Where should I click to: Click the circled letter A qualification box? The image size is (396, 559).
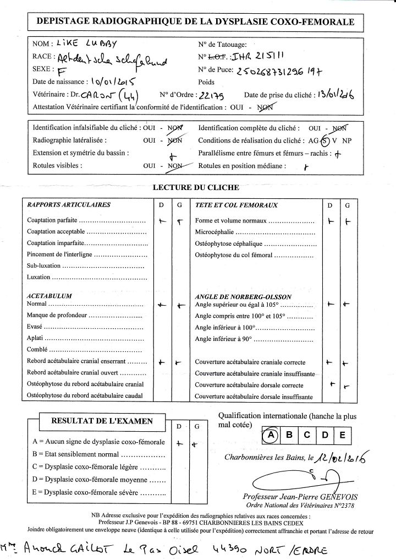[270, 435]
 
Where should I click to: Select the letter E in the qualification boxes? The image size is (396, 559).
[342, 435]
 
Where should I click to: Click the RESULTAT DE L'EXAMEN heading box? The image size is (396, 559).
[102, 421]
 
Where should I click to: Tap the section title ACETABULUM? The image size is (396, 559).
[50, 296]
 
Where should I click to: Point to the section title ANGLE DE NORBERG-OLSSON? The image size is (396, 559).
[244, 296]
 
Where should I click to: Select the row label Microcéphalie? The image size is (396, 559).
[215, 232]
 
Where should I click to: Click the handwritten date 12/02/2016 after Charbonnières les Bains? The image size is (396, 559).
[342, 457]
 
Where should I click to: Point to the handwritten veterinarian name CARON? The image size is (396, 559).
[100, 94]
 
